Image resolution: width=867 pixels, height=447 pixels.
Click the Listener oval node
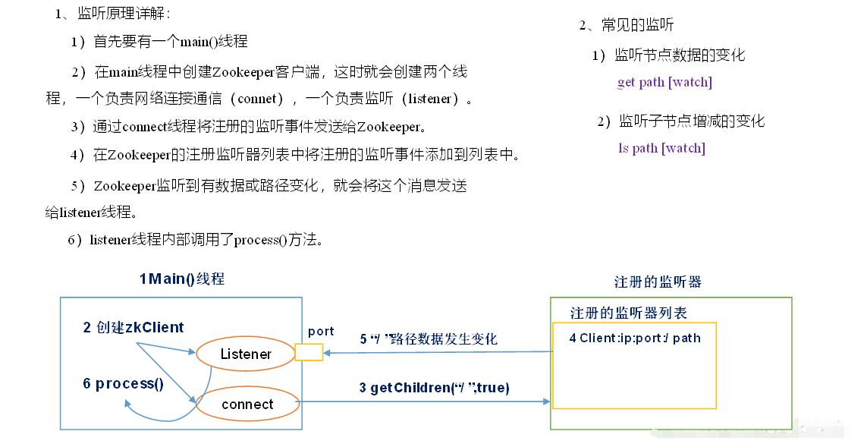tap(246, 354)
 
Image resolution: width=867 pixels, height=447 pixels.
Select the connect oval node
tap(247, 405)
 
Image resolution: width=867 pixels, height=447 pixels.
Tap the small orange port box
tap(309, 351)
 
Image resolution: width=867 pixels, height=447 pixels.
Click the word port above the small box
tap(321, 331)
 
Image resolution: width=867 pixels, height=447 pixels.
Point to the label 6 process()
tap(123, 383)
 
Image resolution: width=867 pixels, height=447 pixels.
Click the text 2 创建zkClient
tap(134, 328)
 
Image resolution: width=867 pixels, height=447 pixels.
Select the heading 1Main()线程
tap(182, 279)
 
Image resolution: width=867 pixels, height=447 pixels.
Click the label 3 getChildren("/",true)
tap(434, 388)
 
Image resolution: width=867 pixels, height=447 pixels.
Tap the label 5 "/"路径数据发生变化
tap(429, 339)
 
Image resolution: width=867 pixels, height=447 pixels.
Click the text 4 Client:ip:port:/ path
tap(635, 338)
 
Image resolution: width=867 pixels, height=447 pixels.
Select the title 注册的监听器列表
tap(629, 313)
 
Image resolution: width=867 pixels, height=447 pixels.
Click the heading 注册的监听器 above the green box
tap(658, 282)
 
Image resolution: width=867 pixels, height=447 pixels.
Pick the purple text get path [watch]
tap(664, 82)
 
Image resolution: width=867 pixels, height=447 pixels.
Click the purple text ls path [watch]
tap(661, 148)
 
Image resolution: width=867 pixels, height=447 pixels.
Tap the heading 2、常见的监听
tap(627, 25)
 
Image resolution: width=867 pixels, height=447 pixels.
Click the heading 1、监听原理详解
tap(113, 14)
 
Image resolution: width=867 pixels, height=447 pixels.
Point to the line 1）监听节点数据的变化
tap(668, 55)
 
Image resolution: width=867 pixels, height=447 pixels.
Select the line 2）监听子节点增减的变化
tap(680, 121)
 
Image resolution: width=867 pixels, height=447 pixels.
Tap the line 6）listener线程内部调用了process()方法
tap(196, 241)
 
